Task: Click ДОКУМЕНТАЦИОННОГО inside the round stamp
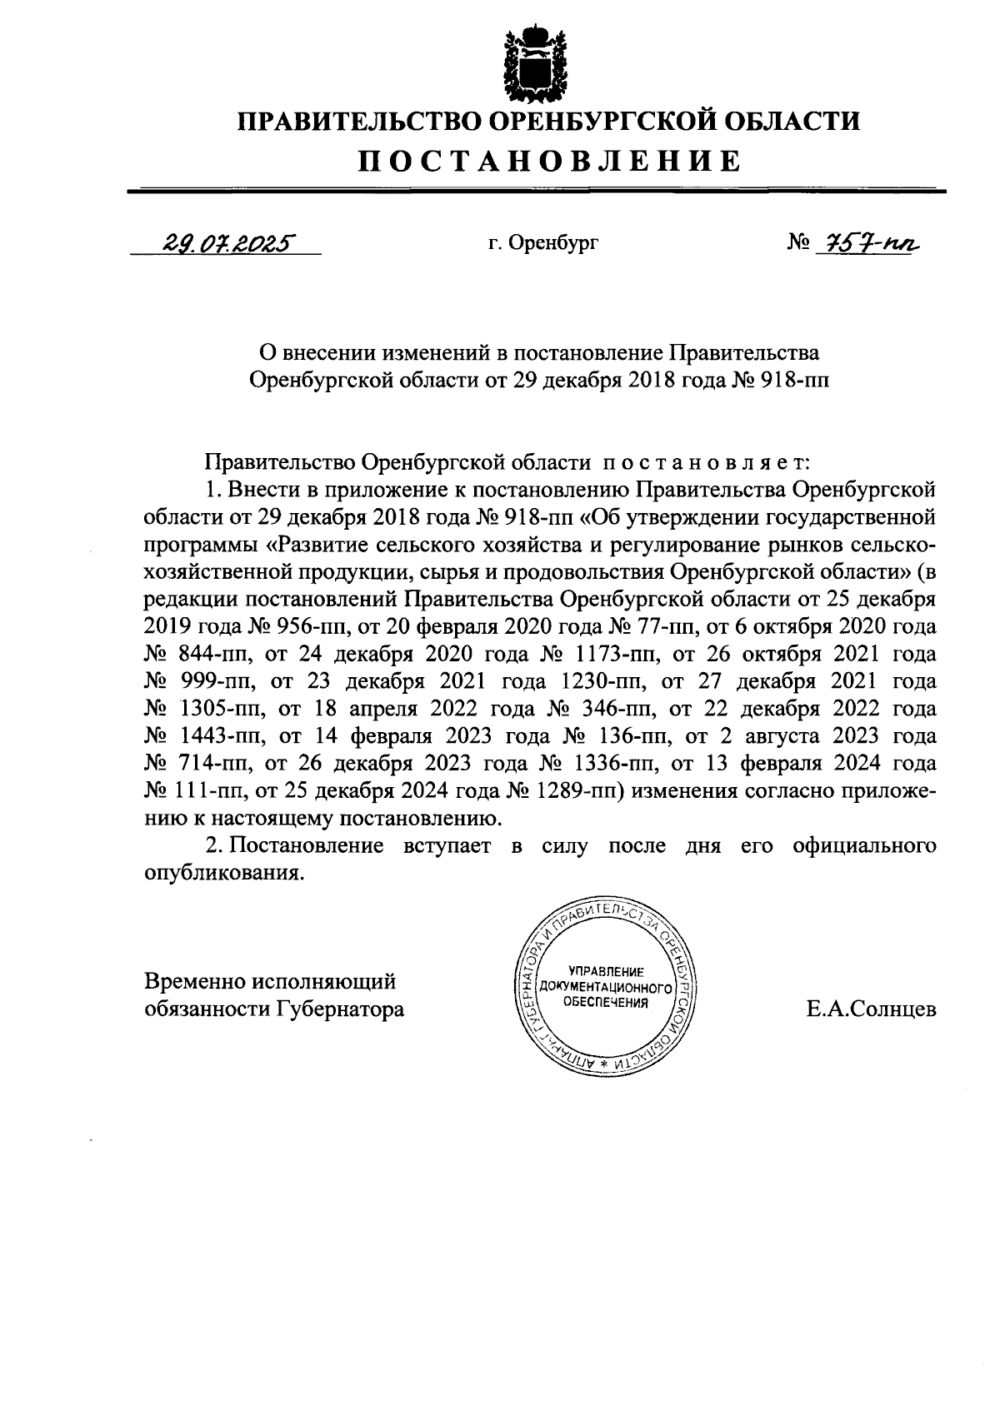(x=606, y=987)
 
